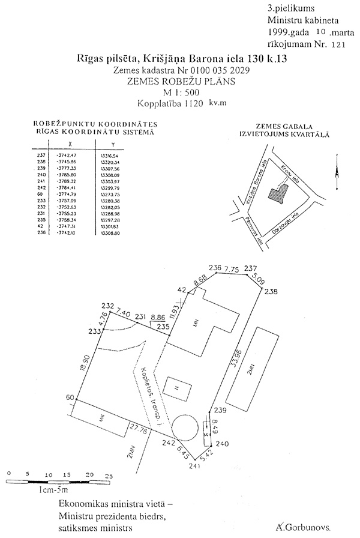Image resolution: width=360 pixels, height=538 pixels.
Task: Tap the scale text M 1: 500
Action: (x=179, y=92)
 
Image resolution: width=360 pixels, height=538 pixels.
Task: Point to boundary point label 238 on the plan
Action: (x=271, y=292)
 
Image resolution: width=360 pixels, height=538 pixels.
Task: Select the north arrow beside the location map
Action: (x=338, y=177)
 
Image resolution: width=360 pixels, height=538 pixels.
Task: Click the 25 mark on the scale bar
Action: (x=109, y=476)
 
